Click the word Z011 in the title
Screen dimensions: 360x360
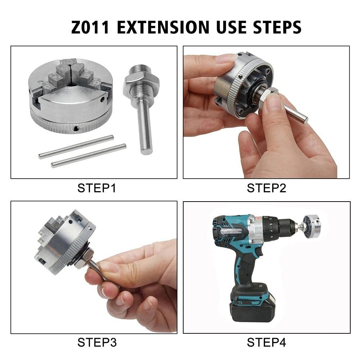pos(90,27)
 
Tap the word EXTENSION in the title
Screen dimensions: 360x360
pos(163,27)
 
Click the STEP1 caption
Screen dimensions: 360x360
pos(96,188)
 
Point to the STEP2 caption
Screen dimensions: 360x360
pos(266,188)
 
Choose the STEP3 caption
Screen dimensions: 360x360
pos(97,343)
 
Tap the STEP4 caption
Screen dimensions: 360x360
pos(266,343)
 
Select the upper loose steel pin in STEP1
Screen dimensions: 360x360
pos(76,147)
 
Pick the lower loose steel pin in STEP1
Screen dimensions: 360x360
pos(89,156)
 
